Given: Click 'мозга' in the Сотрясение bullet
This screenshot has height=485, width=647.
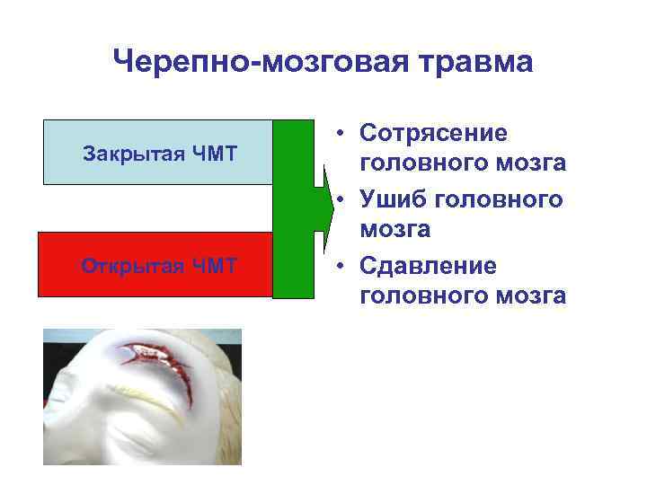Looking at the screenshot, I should pyautogui.click(x=533, y=164).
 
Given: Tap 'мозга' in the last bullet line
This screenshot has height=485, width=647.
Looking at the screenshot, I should pyautogui.click(x=533, y=297).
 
